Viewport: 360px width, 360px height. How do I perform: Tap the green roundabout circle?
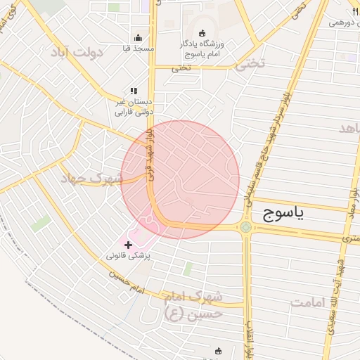(x=245, y=226)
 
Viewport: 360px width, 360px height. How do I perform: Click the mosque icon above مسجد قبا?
(x=138, y=38)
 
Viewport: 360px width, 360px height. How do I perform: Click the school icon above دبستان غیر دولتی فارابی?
(x=134, y=91)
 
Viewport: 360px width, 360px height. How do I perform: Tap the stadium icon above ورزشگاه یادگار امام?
(x=202, y=33)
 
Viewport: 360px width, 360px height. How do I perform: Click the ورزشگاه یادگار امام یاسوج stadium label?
(x=208, y=49)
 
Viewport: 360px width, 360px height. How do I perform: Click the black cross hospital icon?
(x=128, y=245)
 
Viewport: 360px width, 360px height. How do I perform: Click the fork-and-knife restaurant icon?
(x=354, y=12)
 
